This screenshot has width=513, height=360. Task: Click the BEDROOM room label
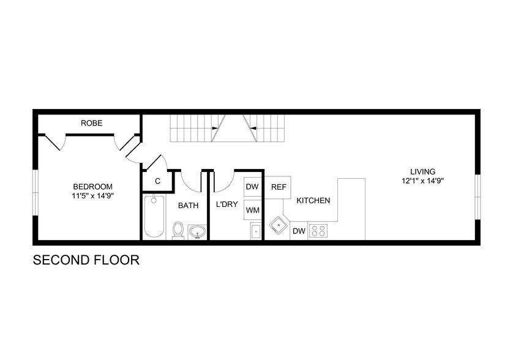tap(92, 187)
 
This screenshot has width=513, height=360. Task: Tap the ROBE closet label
tap(92, 123)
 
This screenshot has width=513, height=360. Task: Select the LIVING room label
tap(423, 171)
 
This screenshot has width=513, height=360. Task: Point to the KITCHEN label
tap(313, 200)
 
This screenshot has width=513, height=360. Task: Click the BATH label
tap(188, 205)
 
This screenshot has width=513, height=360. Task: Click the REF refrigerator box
tap(279, 187)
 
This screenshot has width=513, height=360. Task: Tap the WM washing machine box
tap(252, 210)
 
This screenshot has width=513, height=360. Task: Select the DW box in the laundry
tap(252, 187)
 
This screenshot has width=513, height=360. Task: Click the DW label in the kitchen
tap(299, 231)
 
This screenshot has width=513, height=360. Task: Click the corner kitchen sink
tap(279, 225)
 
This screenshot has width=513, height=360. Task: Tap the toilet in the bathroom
tap(178, 230)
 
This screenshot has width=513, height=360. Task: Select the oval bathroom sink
tap(197, 231)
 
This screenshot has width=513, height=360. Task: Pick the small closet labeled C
tap(157, 181)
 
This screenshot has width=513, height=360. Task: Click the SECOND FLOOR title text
tap(86, 260)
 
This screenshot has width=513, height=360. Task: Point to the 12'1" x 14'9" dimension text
tap(423, 181)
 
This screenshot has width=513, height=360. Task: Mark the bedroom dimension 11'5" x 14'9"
tap(92, 196)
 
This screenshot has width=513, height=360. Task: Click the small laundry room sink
tap(256, 231)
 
